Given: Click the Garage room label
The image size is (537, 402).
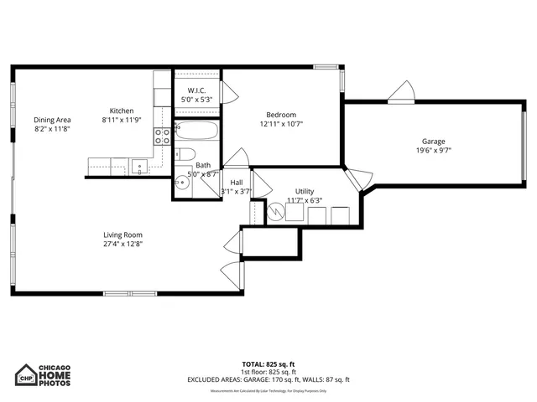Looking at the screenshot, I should tap(434, 142).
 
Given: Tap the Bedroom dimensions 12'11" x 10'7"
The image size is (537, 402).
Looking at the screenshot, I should tap(281, 124).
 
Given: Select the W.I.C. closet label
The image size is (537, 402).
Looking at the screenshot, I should tap(197, 90).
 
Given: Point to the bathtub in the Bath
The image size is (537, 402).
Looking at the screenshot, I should tap(197, 131).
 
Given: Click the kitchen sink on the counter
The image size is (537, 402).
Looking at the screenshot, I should tap(140, 166).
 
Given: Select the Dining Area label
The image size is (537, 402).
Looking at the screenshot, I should tap(51, 120).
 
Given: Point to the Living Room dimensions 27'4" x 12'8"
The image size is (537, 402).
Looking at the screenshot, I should tap(123, 245).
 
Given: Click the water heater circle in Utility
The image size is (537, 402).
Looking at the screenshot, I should tap(275, 213).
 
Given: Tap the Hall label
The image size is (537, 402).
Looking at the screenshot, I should tap(237, 182).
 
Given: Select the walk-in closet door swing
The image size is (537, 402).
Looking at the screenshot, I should tap(224, 91).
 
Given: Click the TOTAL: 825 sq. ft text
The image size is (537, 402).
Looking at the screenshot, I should tap(268, 364).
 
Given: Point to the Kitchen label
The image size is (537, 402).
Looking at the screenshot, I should tap(122, 111).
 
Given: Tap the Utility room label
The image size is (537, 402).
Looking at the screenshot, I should tap(305, 192).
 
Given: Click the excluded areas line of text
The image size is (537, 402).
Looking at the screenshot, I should tap(268, 379).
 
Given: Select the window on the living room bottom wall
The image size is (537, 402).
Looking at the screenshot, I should tap(129, 293).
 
